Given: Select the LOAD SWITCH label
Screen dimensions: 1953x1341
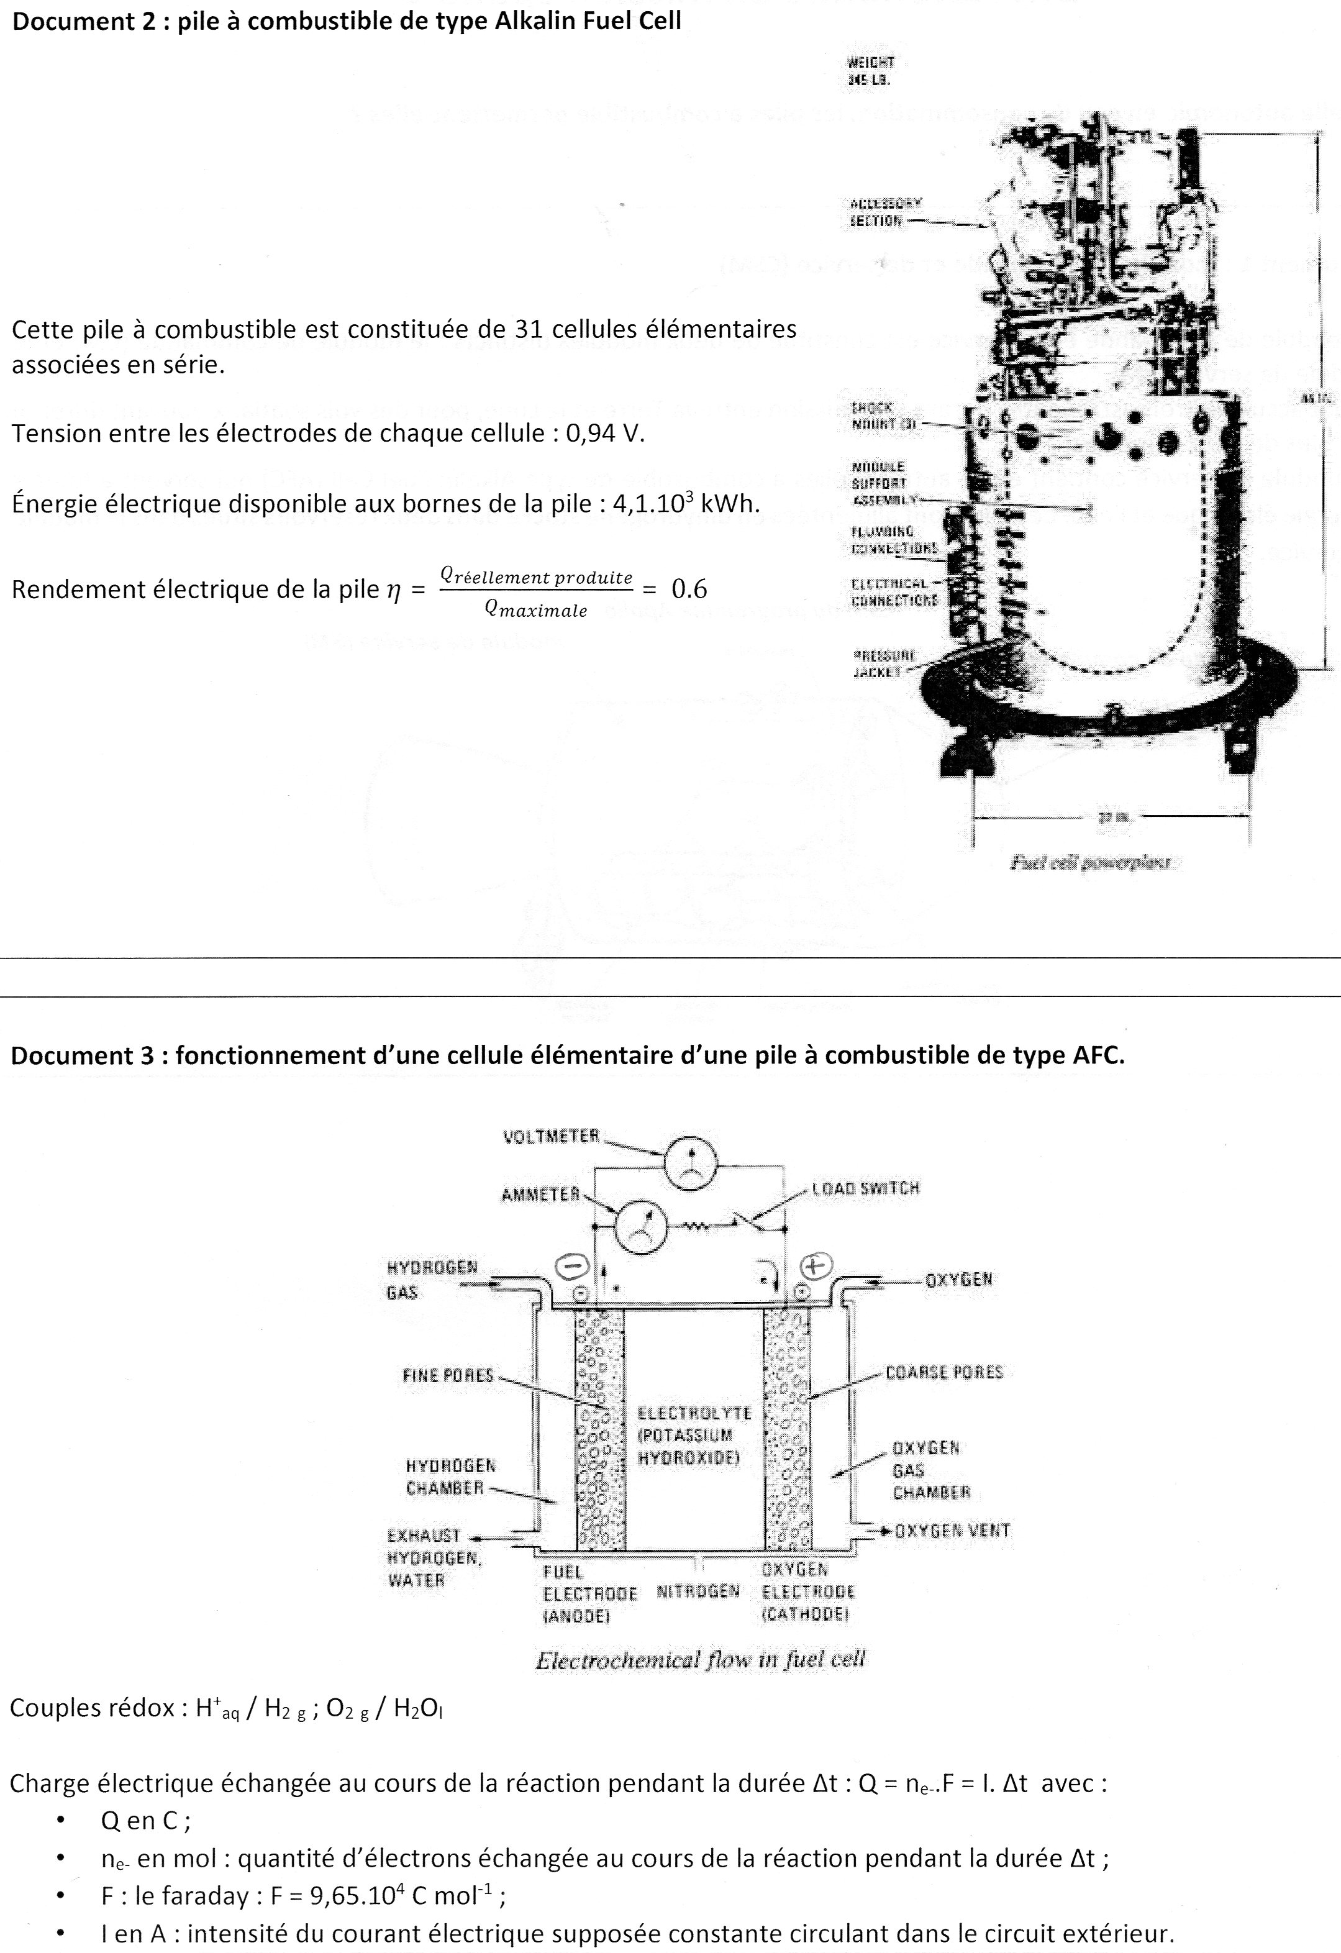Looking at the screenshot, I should [x=865, y=1188].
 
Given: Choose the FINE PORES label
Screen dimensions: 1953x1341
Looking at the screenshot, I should [x=448, y=1376].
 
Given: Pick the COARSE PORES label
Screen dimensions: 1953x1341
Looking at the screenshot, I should [x=944, y=1372].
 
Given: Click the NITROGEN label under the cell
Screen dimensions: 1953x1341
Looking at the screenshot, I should [x=698, y=1591].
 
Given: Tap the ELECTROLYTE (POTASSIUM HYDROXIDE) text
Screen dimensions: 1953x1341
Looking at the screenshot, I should [x=694, y=1436].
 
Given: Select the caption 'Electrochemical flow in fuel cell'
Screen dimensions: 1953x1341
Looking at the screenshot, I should [x=700, y=1660].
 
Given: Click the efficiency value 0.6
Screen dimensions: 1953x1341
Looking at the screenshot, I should [x=689, y=589].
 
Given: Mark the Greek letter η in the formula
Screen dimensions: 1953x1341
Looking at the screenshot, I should [x=393, y=590].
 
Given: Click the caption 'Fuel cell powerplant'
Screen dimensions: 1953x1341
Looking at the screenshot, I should [x=1091, y=862].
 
